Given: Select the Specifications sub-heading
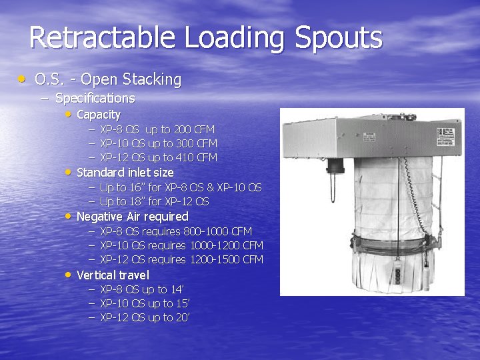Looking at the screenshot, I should coord(95,99).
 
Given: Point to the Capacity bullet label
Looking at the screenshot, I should coord(99,115).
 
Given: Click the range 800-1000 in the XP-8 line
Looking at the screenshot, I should coord(205,231).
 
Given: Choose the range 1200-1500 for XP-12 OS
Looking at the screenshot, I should coord(215,259).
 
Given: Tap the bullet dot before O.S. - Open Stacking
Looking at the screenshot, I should coord(23,79).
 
